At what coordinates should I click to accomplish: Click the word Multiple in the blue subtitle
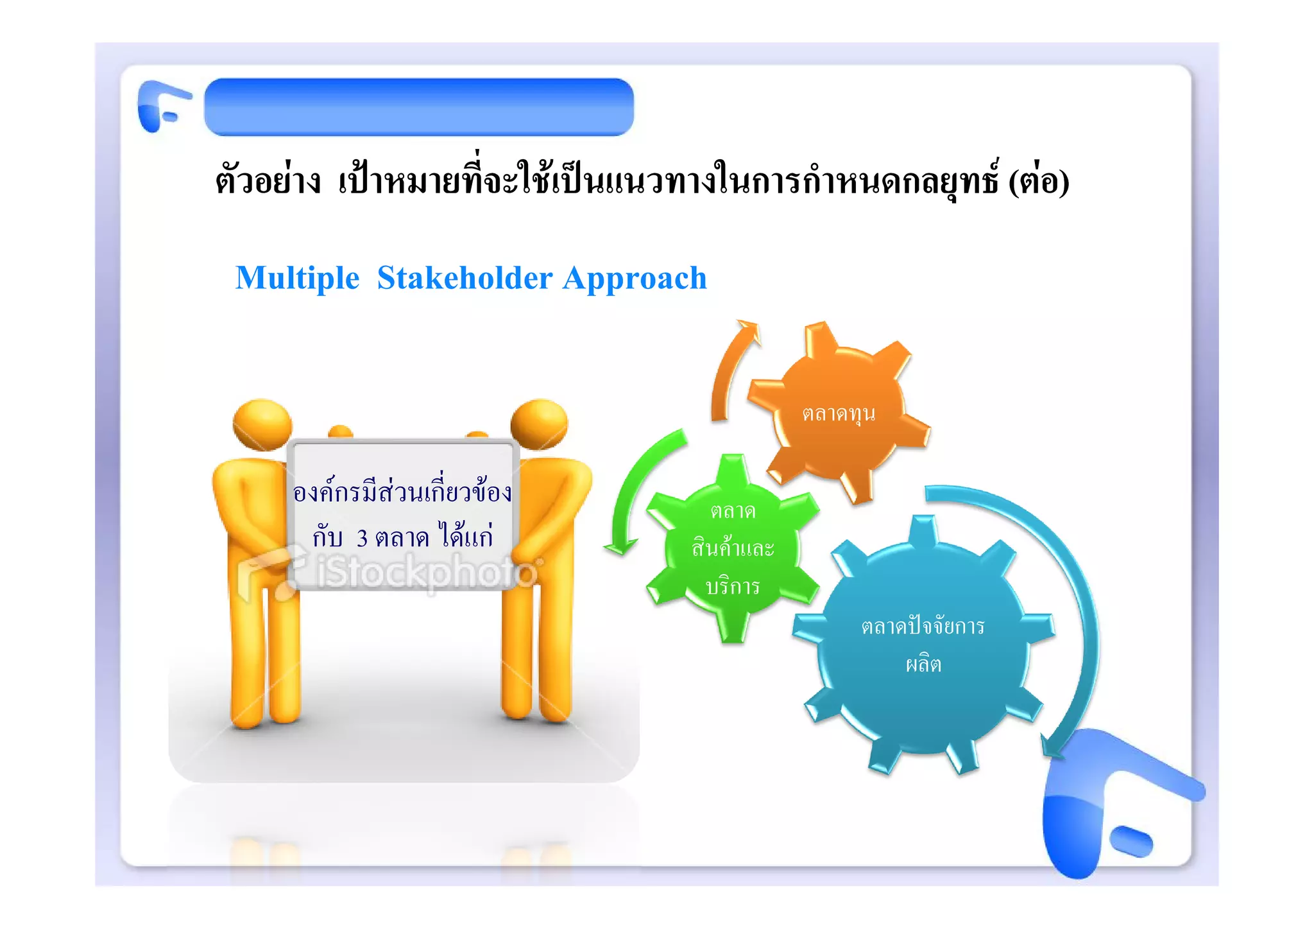point(297,279)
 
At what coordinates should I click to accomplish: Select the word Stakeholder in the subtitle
point(465,278)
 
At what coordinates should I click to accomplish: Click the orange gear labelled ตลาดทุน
point(839,413)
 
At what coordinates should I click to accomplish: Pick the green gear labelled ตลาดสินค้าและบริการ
point(733,549)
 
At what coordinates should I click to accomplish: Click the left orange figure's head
point(262,424)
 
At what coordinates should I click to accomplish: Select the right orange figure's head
point(539,424)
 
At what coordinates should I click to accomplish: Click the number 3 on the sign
point(362,538)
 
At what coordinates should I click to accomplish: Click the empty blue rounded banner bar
point(418,107)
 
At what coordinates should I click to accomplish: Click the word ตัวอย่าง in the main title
point(268,181)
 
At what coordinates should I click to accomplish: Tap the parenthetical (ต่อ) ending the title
point(1038,181)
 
